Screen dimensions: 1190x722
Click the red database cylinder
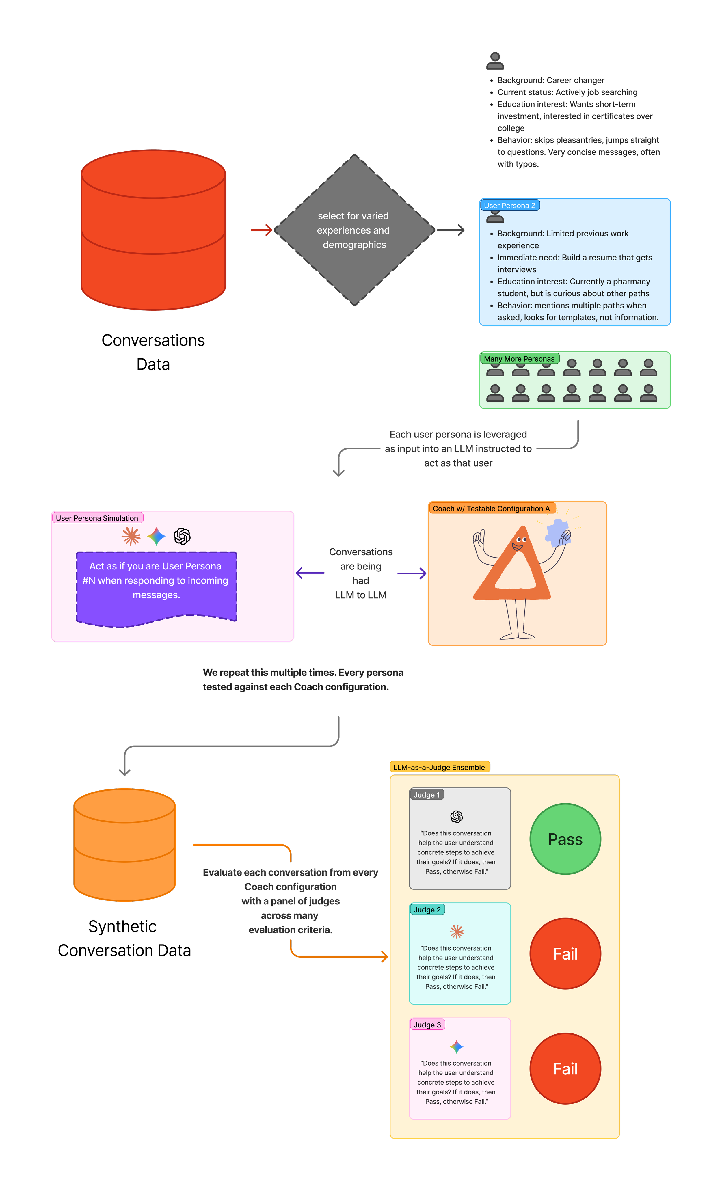(153, 230)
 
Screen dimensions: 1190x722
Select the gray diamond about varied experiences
(354, 230)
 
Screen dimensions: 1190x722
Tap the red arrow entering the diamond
(262, 230)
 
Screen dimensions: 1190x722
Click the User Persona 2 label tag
(509, 205)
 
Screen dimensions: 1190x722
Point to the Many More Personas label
(519, 359)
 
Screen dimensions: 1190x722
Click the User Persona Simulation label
(97, 518)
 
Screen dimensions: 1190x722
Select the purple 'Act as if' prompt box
(156, 587)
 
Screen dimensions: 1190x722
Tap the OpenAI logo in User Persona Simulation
(182, 536)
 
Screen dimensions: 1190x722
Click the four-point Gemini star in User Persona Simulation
(157, 536)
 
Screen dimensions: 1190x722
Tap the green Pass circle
(565, 839)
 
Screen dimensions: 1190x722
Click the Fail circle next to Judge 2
(565, 954)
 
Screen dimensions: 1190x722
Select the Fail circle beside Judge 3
(565, 1069)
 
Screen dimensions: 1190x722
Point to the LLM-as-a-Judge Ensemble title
(439, 767)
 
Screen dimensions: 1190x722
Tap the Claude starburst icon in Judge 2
(456, 932)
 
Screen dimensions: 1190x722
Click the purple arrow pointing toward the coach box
(412, 573)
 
